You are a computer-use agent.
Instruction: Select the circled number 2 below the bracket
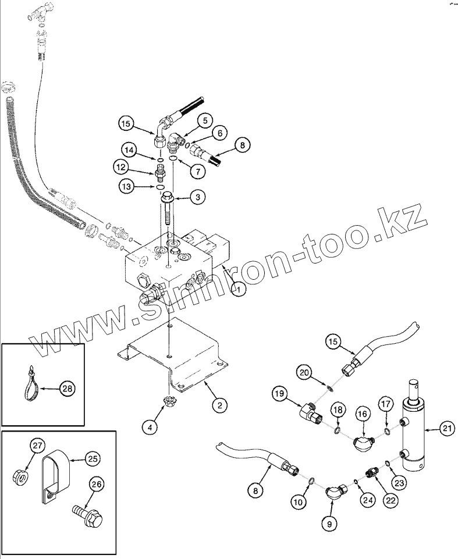pyautogui.click(x=219, y=405)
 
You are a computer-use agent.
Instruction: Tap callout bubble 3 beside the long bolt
pyautogui.click(x=197, y=198)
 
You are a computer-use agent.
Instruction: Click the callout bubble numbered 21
pyautogui.click(x=446, y=430)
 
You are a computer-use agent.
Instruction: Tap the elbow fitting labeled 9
pyautogui.click(x=335, y=492)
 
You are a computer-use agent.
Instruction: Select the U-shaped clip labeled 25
pyautogui.click(x=56, y=474)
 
